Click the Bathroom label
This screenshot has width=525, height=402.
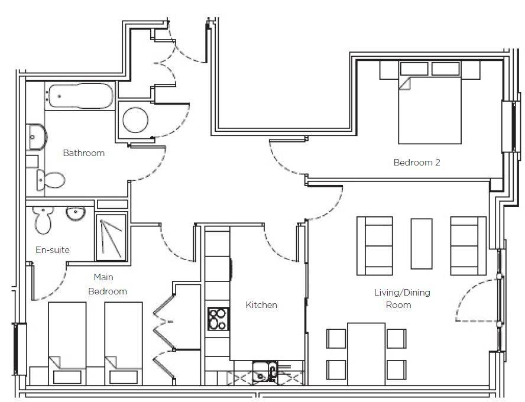tap(84, 153)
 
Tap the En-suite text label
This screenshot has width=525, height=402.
tap(53, 249)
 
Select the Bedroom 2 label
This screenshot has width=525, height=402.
tap(417, 163)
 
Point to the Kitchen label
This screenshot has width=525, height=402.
tap(261, 305)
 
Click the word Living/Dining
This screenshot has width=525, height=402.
tap(402, 293)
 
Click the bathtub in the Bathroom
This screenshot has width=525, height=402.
tap(80, 96)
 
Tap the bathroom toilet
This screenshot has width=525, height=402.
tap(50, 180)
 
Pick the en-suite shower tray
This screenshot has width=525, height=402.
tap(111, 237)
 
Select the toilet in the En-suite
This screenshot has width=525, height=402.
tap(43, 219)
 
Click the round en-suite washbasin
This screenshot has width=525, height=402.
tap(76, 213)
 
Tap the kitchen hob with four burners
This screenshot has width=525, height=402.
tap(218, 319)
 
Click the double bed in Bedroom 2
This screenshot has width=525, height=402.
tap(430, 102)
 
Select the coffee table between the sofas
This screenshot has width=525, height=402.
tap(421, 244)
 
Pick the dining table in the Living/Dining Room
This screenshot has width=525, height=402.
tap(367, 354)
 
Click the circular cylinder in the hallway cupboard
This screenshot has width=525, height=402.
tap(135, 120)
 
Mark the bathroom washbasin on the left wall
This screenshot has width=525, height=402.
tap(37, 137)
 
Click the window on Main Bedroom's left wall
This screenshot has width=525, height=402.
tap(20, 349)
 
